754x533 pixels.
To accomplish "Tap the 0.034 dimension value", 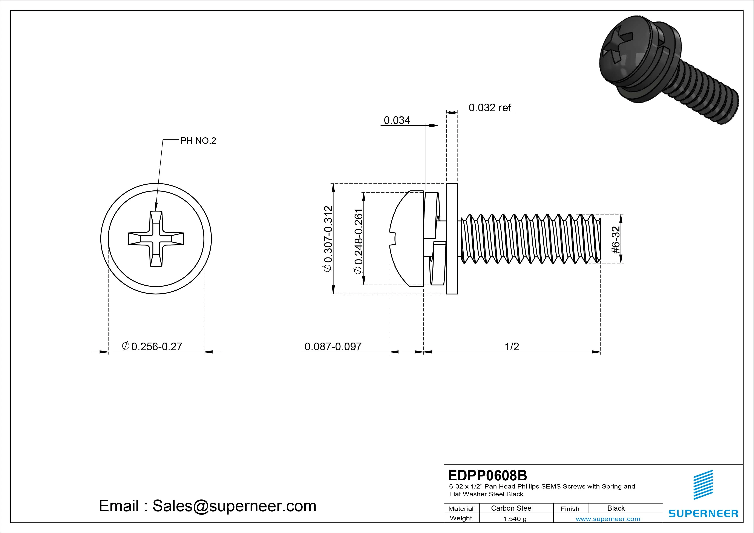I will (397, 121).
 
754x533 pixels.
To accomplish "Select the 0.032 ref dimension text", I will (490, 108).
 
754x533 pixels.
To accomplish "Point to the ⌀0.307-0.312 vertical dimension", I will (328, 239).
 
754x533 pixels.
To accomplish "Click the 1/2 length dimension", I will (512, 346).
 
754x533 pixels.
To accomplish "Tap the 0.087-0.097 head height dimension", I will (333, 346).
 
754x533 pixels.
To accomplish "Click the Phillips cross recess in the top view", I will (156, 239).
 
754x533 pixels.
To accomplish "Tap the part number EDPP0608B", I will (487, 475).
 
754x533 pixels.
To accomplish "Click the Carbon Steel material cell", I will (512, 508).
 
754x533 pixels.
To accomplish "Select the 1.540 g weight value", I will (515, 519).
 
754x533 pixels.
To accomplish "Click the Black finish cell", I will (616, 508).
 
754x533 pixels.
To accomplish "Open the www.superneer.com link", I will (608, 519).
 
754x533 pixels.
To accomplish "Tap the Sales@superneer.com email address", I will (234, 506).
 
